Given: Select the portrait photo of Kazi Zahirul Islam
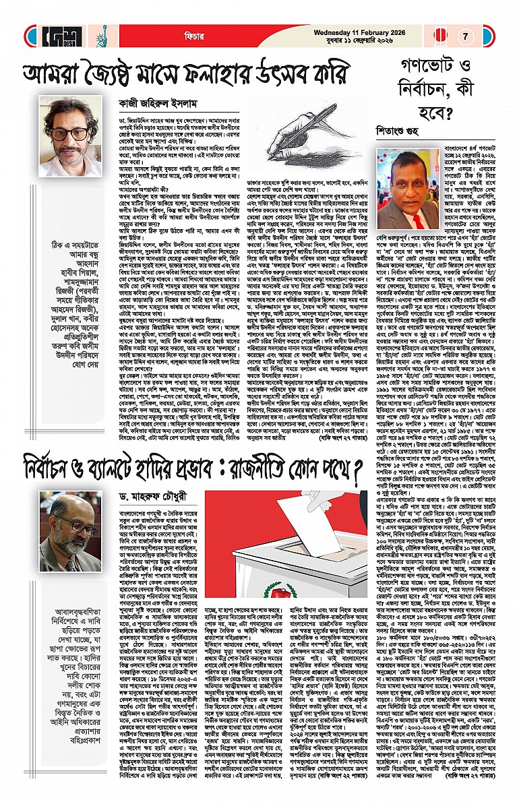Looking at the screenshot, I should [65, 136].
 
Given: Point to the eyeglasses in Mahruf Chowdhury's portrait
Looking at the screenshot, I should [69, 522].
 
